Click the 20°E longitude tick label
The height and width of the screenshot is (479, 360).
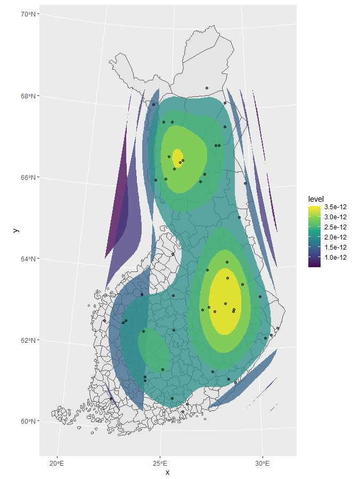[x=57, y=462]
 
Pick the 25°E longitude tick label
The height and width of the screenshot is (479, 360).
[x=160, y=462]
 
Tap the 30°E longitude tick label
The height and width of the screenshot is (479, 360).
[x=263, y=462]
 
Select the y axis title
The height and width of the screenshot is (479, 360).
[x=16, y=230]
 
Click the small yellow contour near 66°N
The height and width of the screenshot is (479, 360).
[x=177, y=158]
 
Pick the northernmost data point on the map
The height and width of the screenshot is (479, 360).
[x=207, y=88]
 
